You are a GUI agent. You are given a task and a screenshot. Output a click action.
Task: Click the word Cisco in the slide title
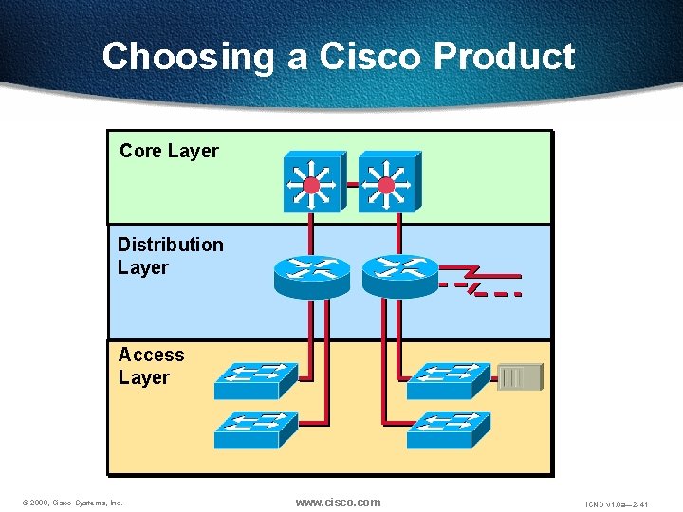(x=371, y=56)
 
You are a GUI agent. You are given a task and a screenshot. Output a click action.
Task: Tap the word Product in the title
(x=504, y=56)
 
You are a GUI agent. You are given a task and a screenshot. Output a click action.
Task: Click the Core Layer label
(x=169, y=151)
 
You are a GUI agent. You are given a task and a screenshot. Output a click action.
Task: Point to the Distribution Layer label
(x=170, y=256)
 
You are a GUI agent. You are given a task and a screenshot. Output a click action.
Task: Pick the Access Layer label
(x=151, y=366)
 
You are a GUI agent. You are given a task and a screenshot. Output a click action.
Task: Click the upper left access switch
(x=255, y=380)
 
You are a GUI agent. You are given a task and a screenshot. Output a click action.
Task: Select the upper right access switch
(x=448, y=380)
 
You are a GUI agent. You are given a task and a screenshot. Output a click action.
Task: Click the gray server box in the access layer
(x=521, y=377)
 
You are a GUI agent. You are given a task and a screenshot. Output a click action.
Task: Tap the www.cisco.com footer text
(x=338, y=502)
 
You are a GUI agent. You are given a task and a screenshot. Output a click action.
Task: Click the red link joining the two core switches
(x=348, y=184)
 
